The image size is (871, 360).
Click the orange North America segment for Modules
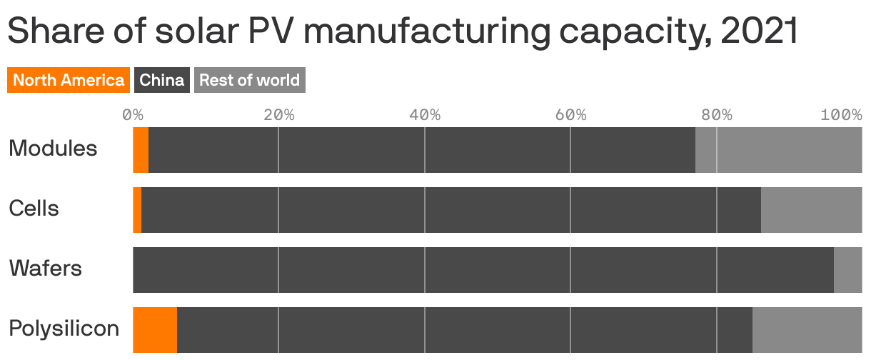[x=141, y=150]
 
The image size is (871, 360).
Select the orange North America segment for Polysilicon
[x=155, y=330]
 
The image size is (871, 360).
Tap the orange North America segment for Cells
[x=137, y=210]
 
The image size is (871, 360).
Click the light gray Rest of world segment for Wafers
[x=847, y=270]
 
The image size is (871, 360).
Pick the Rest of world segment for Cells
[x=811, y=210]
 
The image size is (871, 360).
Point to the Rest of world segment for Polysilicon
[x=807, y=330]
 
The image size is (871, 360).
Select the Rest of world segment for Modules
[x=778, y=150]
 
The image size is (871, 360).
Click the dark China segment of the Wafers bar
[x=483, y=270]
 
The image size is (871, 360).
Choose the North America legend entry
[x=69, y=80]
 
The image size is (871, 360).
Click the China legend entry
[x=161, y=80]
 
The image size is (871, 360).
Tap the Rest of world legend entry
[x=249, y=80]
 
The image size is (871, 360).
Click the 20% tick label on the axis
[x=278, y=115]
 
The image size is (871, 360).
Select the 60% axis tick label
[x=570, y=115]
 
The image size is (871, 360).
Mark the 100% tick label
[x=841, y=115]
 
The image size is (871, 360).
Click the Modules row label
[x=53, y=149]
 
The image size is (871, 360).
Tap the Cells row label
[x=34, y=209]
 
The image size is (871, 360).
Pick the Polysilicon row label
[x=64, y=329]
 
